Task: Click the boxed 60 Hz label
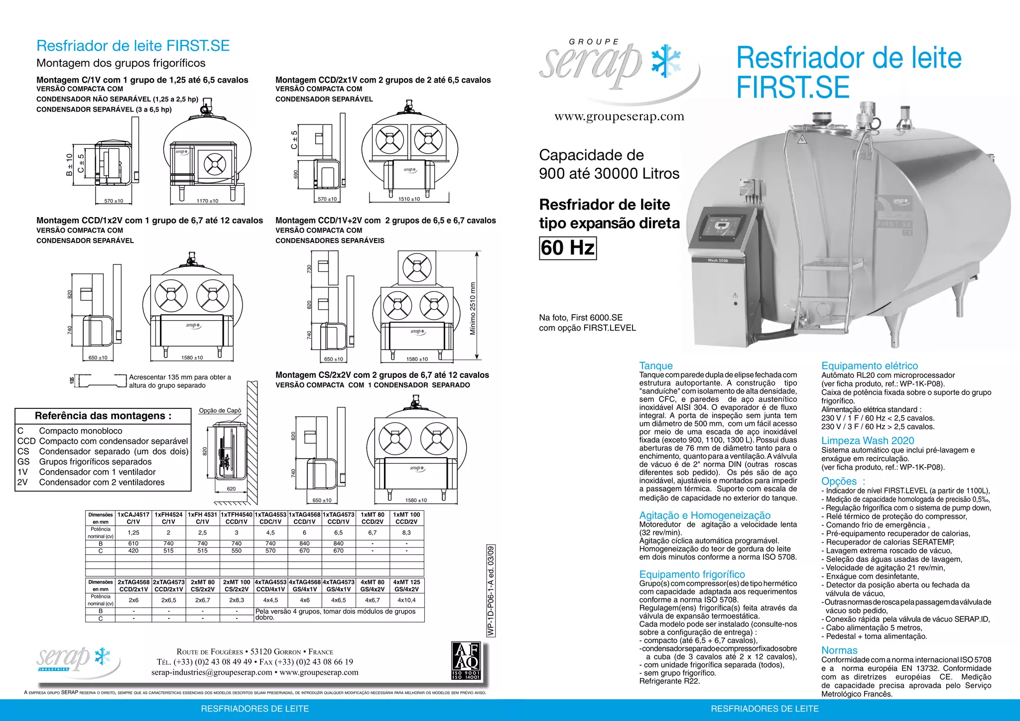coord(568,248)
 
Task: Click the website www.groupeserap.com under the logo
coord(619,117)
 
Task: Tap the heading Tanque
coord(656,366)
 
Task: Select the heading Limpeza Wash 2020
coord(868,441)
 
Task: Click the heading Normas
coord(839,650)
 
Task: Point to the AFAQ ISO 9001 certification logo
coord(466,661)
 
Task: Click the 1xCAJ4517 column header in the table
coord(133,518)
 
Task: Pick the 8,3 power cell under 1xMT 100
coord(406,533)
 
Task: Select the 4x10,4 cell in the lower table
coord(406,600)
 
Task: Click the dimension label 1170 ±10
coord(207,201)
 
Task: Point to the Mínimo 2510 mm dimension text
coord(473,309)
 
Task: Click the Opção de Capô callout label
coord(220,411)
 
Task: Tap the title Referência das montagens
coord(103,416)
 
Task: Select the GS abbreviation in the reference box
coord(23,462)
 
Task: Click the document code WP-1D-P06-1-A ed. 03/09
coord(491,591)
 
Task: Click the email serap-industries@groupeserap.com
coord(212,672)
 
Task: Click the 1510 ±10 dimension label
coord(409,199)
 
